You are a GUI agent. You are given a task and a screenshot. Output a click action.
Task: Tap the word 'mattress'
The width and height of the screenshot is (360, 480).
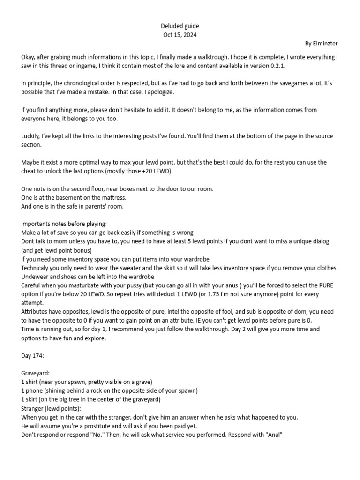point(113,197)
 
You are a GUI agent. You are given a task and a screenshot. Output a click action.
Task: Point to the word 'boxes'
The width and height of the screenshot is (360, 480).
point(120,188)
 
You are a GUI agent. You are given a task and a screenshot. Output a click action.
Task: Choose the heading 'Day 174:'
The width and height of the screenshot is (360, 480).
point(32,355)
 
